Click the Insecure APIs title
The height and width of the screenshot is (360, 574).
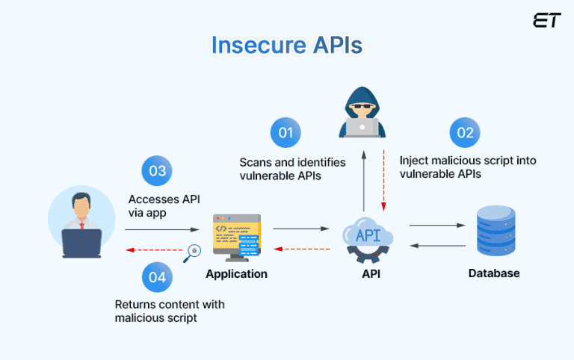point(286,44)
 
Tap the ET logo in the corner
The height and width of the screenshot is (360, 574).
point(546,21)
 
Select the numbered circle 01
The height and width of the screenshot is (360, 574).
point(286,133)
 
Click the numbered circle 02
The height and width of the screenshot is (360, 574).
point(465,133)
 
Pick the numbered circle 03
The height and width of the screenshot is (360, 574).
point(157,171)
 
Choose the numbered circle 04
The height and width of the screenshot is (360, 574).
point(157,277)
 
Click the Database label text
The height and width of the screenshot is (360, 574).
point(494,273)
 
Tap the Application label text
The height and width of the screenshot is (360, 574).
point(236,274)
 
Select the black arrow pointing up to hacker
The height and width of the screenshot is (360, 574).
point(363,179)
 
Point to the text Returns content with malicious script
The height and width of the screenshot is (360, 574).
point(170,311)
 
